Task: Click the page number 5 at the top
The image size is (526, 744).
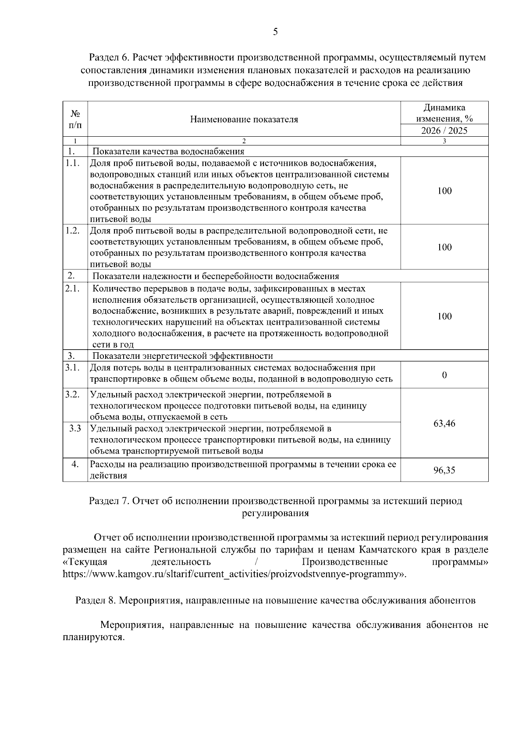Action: pyautogui.click(x=275, y=31)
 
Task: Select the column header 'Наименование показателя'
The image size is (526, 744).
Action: pyautogui.click(x=244, y=120)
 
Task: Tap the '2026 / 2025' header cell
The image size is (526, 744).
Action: pyautogui.click(x=444, y=131)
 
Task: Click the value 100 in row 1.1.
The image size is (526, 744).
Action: pyautogui.click(x=444, y=191)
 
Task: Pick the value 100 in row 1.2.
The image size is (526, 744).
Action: pyautogui.click(x=444, y=247)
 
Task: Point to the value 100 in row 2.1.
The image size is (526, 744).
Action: pyautogui.click(x=444, y=316)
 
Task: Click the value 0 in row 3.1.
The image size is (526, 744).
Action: pyautogui.click(x=444, y=375)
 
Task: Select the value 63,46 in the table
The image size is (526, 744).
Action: pyautogui.click(x=444, y=423)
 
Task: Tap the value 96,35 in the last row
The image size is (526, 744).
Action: pyautogui.click(x=444, y=470)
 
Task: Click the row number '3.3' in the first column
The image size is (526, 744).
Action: pyautogui.click(x=75, y=428)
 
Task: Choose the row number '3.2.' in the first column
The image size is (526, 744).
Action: pyautogui.click(x=73, y=394)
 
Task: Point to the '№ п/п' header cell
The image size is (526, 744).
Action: pyautogui.click(x=75, y=119)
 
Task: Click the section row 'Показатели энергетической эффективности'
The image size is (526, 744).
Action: pyautogui.click(x=182, y=356)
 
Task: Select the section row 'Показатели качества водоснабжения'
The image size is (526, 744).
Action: pyautogui.click(x=168, y=152)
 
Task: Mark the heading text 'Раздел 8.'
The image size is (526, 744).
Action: pyautogui.click(x=96, y=600)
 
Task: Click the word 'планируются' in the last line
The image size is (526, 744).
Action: pyautogui.click(x=93, y=637)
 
